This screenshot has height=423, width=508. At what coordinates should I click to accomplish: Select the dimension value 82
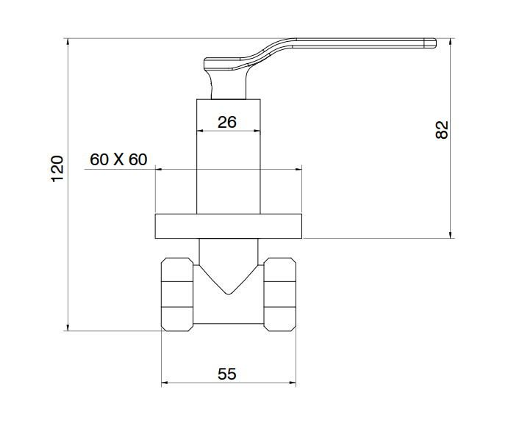click(442, 130)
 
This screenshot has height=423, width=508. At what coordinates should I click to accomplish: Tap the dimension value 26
click(227, 122)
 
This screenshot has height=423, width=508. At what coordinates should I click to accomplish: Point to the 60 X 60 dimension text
click(118, 159)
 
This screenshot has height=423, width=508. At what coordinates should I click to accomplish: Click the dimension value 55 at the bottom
click(227, 374)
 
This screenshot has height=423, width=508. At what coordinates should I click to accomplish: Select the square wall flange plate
click(229, 225)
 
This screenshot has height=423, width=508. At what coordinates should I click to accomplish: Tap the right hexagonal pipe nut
click(280, 292)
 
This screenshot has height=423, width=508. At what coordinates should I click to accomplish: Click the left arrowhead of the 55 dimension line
click(165, 383)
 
